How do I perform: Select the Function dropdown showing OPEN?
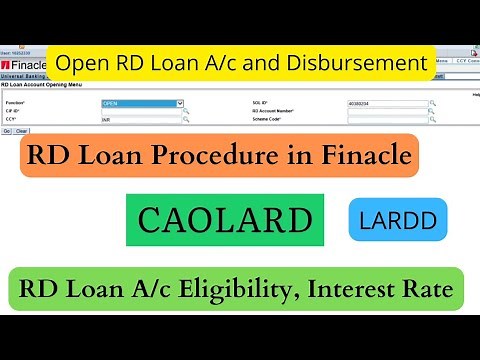[143, 103]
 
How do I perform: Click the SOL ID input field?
[387, 103]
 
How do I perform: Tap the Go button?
[8, 130]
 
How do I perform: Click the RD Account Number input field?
[387, 111]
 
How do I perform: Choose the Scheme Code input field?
[387, 119]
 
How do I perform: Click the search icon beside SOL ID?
[433, 103]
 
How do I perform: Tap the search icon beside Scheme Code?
[433, 119]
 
